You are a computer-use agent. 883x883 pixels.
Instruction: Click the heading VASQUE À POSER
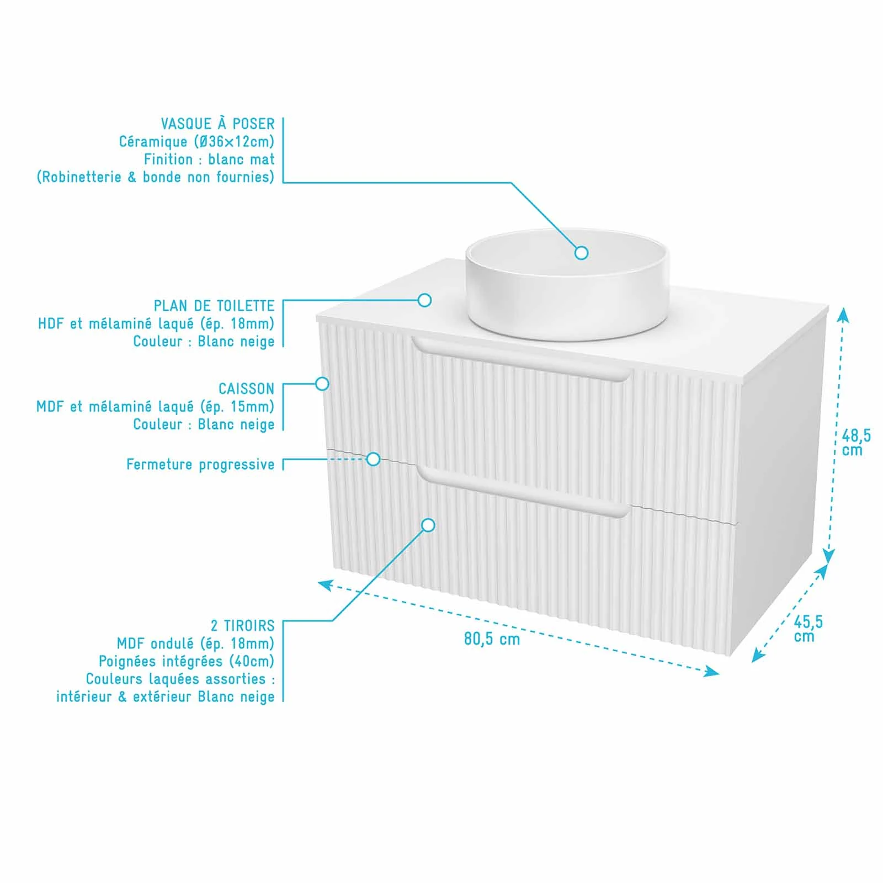tap(217, 123)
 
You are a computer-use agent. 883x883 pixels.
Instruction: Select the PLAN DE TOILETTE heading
tap(214, 306)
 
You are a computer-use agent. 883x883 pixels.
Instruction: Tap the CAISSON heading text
tap(246, 389)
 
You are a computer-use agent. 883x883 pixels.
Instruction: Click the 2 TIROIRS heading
tap(242, 625)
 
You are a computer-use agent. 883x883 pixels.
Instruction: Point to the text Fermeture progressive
tap(200, 465)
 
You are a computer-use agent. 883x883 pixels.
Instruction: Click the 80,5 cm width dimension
tap(492, 639)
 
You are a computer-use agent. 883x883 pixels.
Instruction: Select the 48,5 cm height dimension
tap(856, 443)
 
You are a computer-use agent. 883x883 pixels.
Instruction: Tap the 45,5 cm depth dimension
tap(808, 629)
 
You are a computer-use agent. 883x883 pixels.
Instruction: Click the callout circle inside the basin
tap(581, 253)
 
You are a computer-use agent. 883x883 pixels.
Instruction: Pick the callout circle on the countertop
tap(424, 300)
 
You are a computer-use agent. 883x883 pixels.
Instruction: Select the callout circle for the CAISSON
tap(322, 384)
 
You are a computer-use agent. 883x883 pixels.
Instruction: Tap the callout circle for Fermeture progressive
tap(374, 459)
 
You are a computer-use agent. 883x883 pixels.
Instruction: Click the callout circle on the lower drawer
tap(428, 525)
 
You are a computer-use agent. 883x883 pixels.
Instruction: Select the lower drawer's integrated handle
tap(523, 493)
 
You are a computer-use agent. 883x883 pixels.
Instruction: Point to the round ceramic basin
tap(566, 284)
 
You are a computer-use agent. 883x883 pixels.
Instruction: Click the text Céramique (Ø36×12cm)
tap(196, 141)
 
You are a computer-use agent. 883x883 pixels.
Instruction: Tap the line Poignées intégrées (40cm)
tap(187, 661)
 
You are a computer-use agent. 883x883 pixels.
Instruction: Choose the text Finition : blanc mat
tap(209, 159)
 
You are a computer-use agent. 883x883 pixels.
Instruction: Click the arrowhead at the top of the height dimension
tap(843, 314)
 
